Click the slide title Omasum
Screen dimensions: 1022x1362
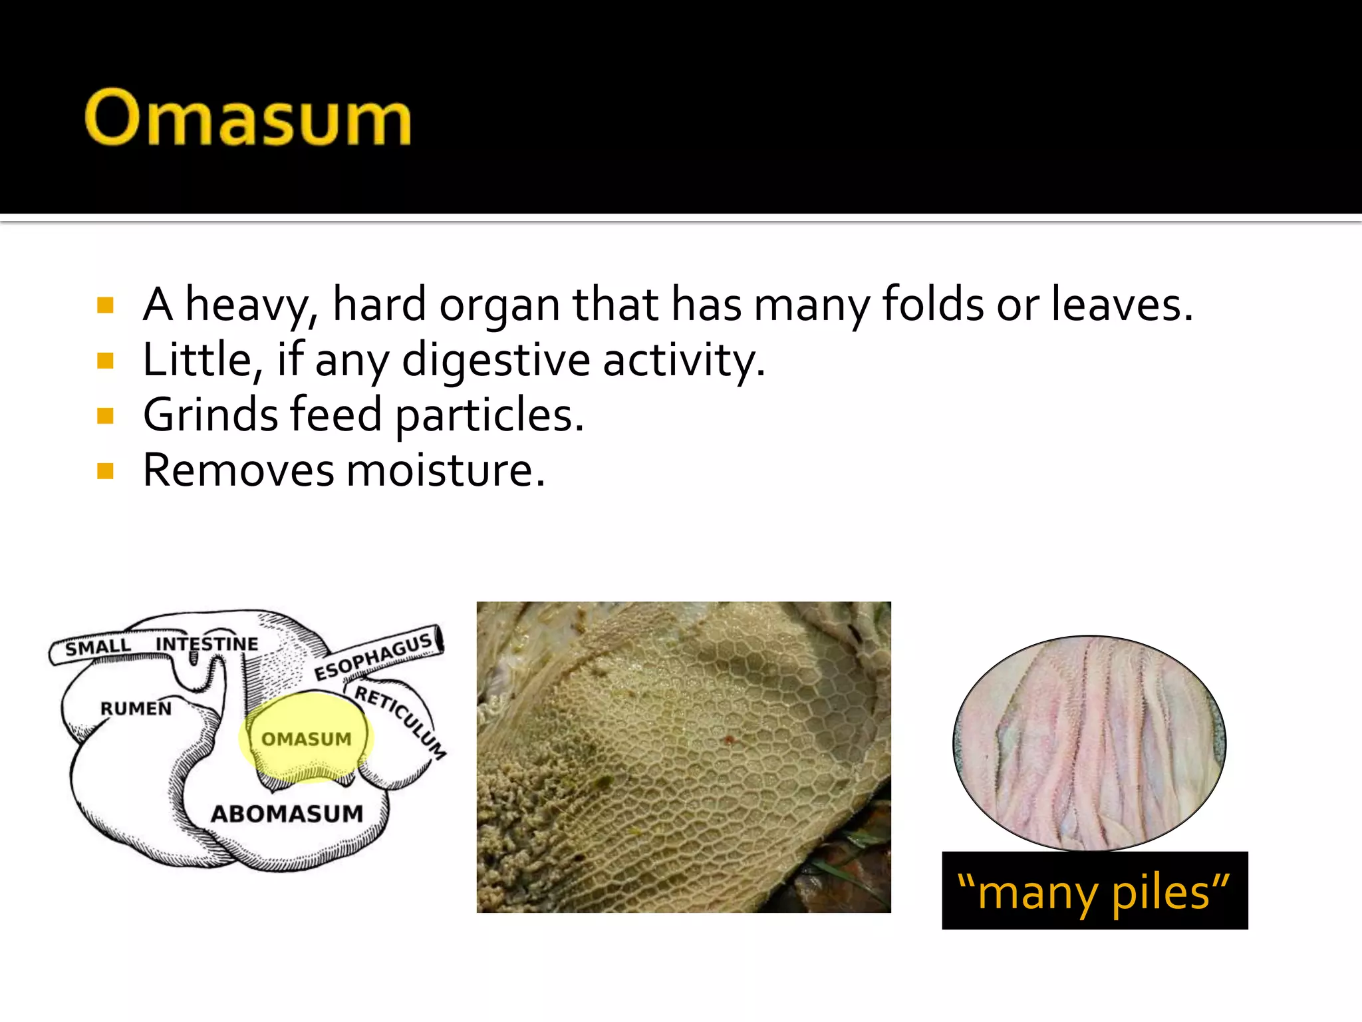pos(247,118)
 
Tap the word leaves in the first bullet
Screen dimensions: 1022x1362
pos(1121,304)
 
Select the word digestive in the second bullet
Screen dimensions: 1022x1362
pos(495,360)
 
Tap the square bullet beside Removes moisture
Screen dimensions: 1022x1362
pos(105,471)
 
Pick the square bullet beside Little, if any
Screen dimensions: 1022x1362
pos(105,361)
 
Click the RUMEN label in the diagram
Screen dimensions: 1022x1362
pos(136,708)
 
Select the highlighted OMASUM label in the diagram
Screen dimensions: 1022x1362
pos(306,739)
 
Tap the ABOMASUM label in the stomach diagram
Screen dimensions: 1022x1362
pos(287,813)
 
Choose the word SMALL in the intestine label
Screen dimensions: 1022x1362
pos(98,647)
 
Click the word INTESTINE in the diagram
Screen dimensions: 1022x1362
pos(207,643)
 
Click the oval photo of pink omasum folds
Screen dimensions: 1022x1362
pos(1089,743)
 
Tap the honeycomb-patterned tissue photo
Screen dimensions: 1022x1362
pos(684,757)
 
